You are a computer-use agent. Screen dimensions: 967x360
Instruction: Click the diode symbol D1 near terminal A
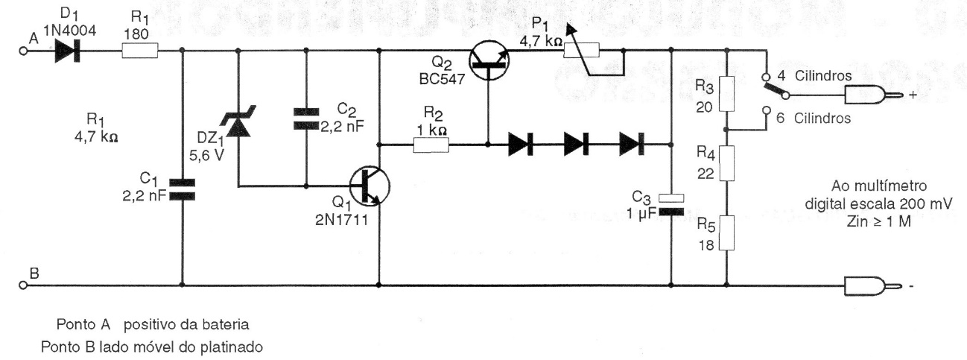67,51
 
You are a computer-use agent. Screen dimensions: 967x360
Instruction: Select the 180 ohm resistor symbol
140,51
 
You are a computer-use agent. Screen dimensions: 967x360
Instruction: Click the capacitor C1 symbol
182,190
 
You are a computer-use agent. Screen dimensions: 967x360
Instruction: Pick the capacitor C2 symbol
306,119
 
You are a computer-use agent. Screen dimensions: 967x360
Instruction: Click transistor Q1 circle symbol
370,186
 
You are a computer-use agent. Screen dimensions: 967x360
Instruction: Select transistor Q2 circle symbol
489,60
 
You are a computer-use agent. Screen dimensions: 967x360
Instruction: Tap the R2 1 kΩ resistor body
431,145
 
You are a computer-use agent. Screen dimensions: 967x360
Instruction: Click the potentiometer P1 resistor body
582,51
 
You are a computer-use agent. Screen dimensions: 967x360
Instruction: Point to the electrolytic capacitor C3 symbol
670,205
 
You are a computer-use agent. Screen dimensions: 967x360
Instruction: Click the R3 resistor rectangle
726,94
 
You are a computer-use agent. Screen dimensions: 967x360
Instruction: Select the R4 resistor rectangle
726,163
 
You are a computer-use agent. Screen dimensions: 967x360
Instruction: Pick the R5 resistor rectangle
726,233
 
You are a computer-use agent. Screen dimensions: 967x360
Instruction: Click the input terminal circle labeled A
23,51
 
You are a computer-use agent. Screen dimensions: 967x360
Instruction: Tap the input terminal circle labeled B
23,285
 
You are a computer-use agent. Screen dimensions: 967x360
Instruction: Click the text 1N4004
69,31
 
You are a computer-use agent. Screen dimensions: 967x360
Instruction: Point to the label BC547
442,78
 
